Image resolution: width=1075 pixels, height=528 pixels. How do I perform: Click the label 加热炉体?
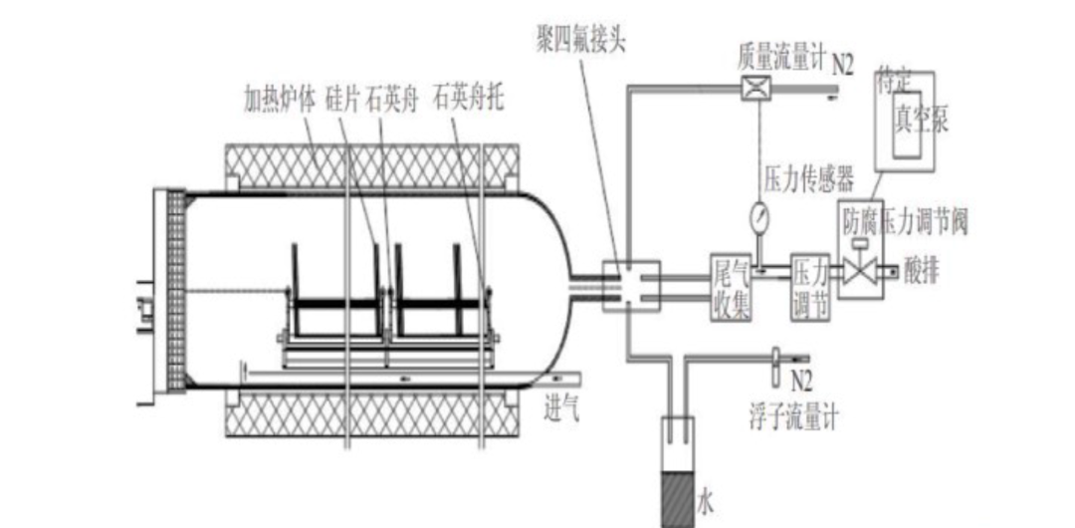pyautogui.click(x=281, y=100)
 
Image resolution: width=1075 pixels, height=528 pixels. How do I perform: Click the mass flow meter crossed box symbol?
pyautogui.click(x=753, y=89)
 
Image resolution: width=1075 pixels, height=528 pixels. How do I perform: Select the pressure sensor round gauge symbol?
pyautogui.click(x=759, y=214)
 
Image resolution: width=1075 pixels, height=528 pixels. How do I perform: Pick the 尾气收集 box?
pyautogui.click(x=729, y=288)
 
